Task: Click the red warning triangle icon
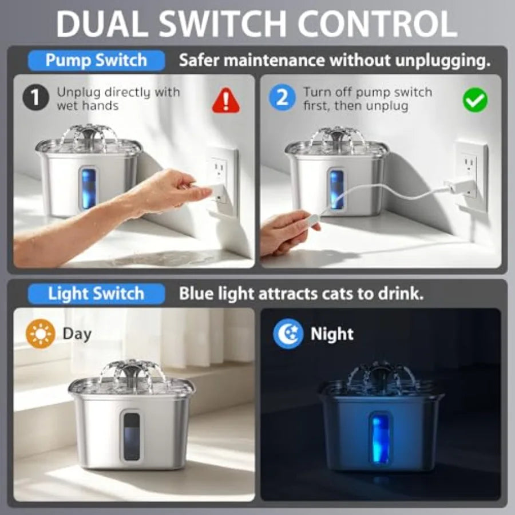tap(225, 101)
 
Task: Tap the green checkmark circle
tap(475, 100)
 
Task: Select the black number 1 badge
tap(36, 97)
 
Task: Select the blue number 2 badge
tap(282, 97)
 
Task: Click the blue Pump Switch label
tap(96, 61)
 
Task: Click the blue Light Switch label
tap(96, 294)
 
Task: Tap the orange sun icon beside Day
tap(41, 334)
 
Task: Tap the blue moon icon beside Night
tap(288, 333)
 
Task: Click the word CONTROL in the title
tap(378, 24)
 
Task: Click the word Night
tap(332, 335)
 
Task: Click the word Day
tap(77, 334)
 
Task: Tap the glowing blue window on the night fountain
tap(381, 438)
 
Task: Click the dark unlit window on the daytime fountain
tap(132, 436)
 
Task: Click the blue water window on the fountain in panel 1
tap(88, 189)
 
